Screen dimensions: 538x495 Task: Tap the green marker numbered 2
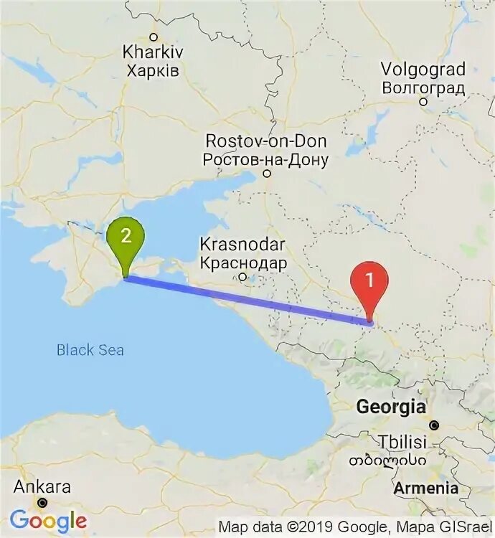[x=126, y=237]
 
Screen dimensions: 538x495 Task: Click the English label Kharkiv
[x=153, y=52]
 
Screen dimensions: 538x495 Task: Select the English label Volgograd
[x=423, y=70]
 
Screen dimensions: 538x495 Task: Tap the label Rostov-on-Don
[x=266, y=141]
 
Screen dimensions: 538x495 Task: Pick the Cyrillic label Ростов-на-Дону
[x=266, y=159]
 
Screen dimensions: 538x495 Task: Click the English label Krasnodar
[x=243, y=245]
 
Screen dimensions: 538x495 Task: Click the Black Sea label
[x=90, y=350]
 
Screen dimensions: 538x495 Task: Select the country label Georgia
[x=390, y=407]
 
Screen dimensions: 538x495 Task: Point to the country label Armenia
[x=425, y=488]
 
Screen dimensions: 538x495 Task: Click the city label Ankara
[x=43, y=487]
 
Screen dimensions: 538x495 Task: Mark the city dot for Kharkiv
[x=153, y=37]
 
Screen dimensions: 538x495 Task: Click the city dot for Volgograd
[x=423, y=102]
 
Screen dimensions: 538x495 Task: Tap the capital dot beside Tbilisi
[x=434, y=425]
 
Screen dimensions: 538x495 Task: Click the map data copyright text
[x=355, y=527]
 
